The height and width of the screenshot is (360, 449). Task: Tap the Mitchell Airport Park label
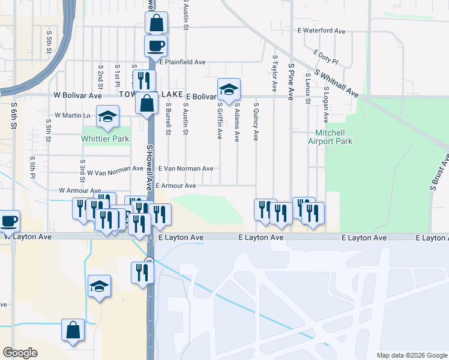[330, 137]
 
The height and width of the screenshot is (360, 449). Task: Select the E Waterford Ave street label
[321, 31]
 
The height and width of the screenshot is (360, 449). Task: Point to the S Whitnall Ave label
[336, 85]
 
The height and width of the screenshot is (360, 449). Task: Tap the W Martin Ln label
[72, 115]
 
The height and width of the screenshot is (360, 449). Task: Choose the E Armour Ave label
[176, 186]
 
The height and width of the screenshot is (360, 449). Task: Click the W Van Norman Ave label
[115, 172]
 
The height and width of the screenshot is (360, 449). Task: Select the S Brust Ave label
[439, 173]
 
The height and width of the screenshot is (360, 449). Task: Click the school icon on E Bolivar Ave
[229, 89]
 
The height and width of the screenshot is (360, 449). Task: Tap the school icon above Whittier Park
[107, 116]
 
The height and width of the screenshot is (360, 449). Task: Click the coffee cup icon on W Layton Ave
[9, 220]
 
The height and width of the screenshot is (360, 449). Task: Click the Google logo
[20, 353]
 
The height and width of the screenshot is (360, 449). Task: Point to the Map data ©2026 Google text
[411, 355]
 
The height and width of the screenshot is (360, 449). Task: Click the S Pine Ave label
[291, 77]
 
